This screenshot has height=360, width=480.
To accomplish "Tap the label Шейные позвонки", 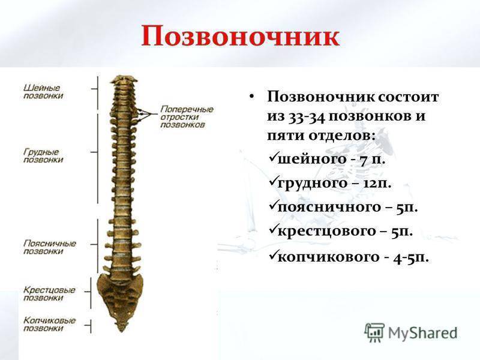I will tap(44, 91).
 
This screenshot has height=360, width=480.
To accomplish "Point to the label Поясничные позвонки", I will tap(49, 247).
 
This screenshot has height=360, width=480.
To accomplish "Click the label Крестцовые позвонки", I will tap(49, 293).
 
